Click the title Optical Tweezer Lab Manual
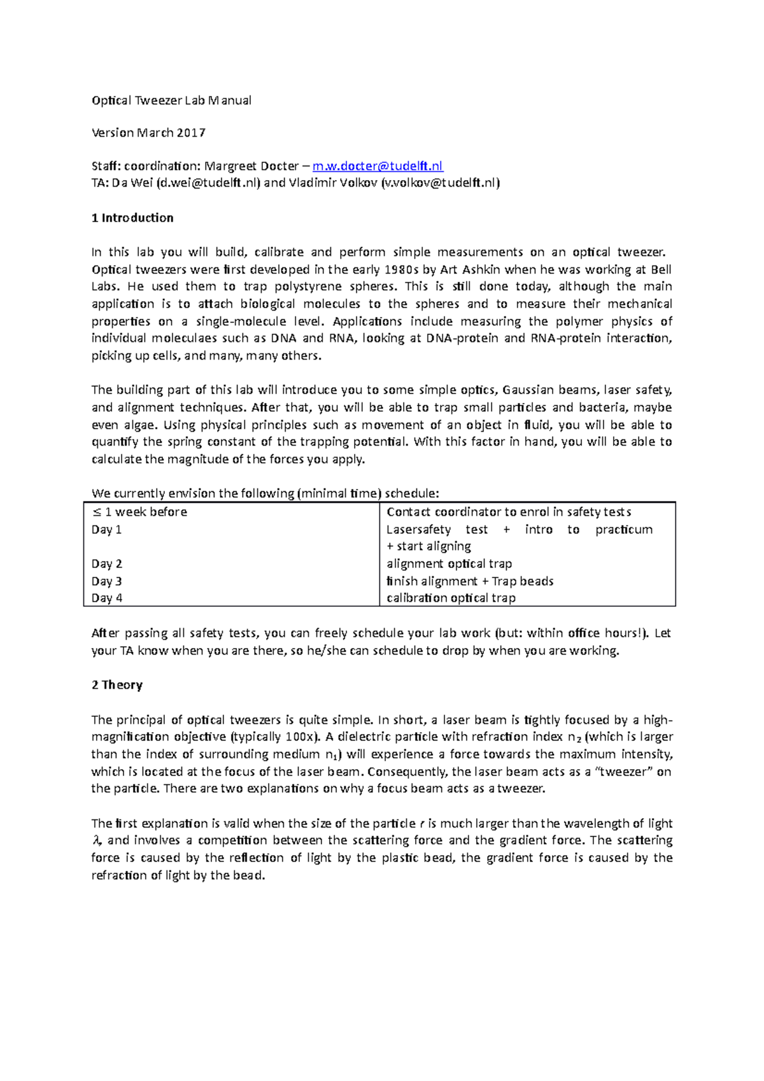pyautogui.click(x=171, y=100)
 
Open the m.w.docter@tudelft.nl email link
pyautogui.click(x=378, y=166)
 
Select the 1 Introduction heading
pyautogui.click(x=132, y=218)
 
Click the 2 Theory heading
pyautogui.click(x=117, y=685)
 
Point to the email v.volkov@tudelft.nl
pyautogui.click(x=438, y=183)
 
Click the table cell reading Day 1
pyautogui.click(x=106, y=530)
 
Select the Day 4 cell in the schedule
pyautogui.click(x=107, y=598)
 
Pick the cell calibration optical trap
pyautogui.click(x=451, y=598)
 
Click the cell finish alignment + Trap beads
pyautogui.click(x=470, y=581)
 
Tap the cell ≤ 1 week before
pyautogui.click(x=139, y=512)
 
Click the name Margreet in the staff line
pyautogui.click(x=230, y=166)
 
